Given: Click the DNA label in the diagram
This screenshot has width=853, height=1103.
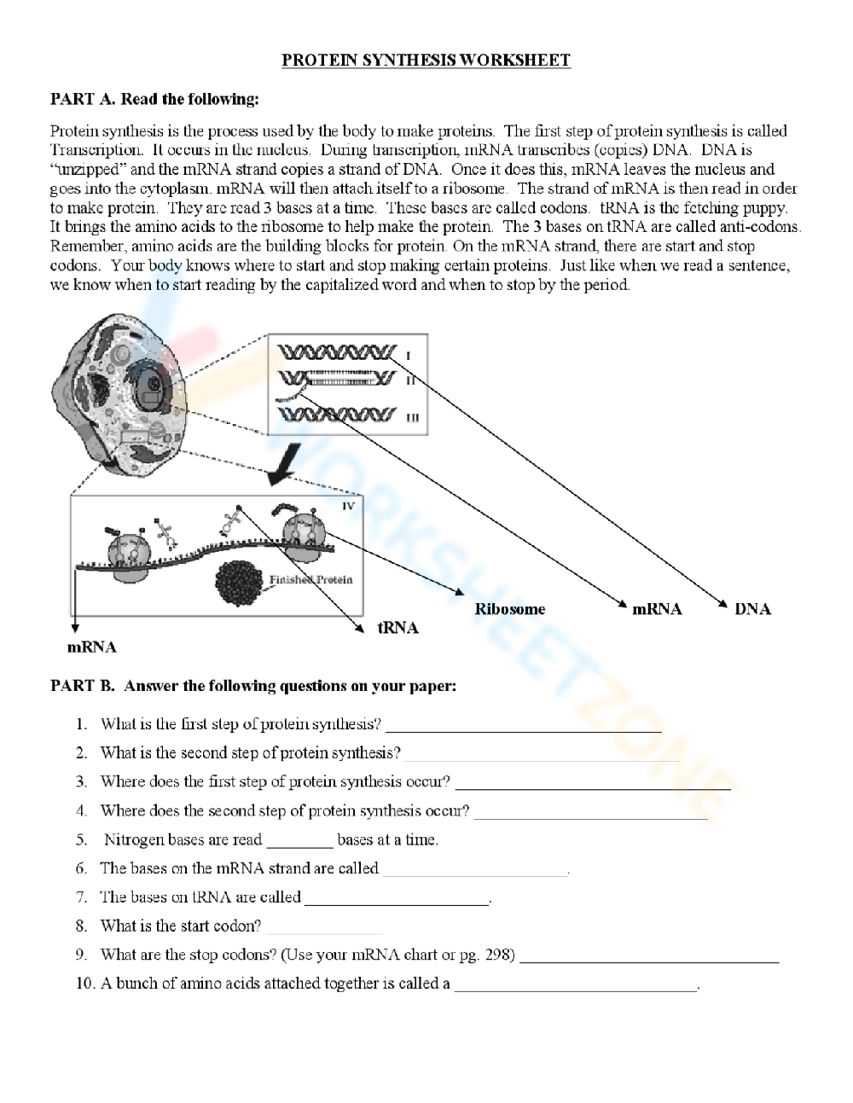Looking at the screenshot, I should coord(752,608).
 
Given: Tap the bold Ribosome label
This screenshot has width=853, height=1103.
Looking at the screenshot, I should coord(509,609).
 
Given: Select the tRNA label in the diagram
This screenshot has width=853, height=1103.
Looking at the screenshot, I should coord(397,628).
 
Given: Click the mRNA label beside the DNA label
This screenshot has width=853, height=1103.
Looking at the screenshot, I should coord(657,608).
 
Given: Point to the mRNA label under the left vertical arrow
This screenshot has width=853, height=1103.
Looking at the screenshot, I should coord(91,647).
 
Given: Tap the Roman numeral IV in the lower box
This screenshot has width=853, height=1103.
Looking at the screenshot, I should coord(348,506).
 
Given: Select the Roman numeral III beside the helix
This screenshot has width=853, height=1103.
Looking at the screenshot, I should coord(412,417).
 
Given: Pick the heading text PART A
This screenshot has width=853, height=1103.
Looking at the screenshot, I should coord(82,99).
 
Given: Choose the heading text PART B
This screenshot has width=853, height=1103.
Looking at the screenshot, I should coord(82,686).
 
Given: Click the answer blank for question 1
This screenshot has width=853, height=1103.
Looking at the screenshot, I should coord(524,727).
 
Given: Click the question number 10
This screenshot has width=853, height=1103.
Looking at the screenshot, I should coord(85,984).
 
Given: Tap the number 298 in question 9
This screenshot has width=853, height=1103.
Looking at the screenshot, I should coord(498,955).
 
